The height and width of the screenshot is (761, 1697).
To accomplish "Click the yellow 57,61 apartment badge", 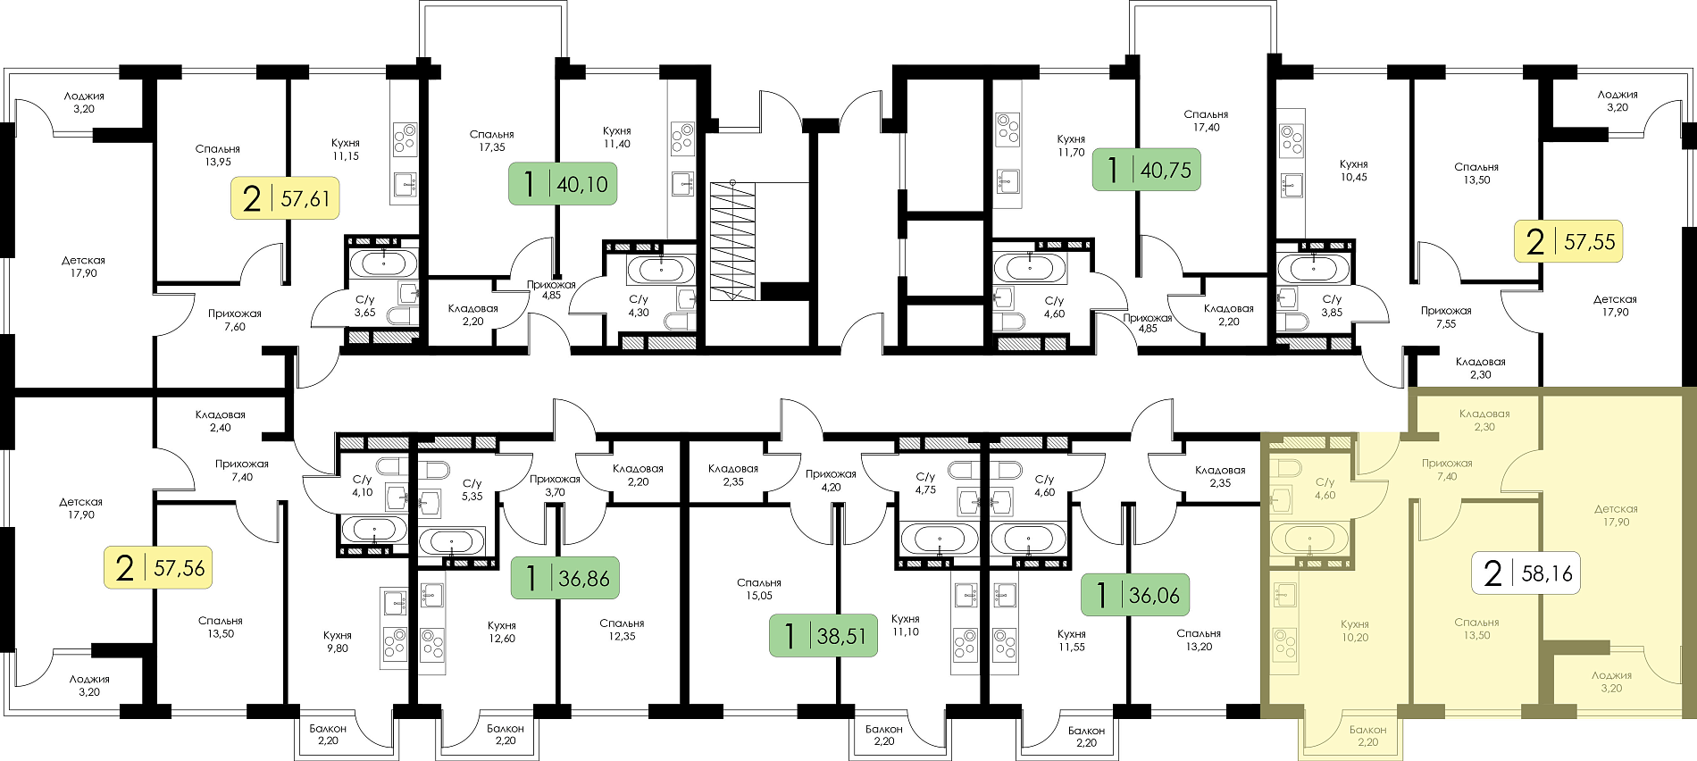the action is click(x=286, y=198).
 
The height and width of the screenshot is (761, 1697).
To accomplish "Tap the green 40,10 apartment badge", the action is click(x=563, y=184).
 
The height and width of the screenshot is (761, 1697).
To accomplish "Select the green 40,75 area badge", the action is click(x=1147, y=169).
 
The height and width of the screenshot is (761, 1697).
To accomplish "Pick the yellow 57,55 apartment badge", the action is click(x=1568, y=241).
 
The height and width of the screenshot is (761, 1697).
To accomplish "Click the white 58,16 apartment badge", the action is click(x=1526, y=573).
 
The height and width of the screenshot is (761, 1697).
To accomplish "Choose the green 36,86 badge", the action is click(x=565, y=578).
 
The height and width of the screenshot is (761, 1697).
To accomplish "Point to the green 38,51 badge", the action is click(x=823, y=636).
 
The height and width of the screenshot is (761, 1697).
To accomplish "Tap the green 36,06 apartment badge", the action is click(x=1135, y=595).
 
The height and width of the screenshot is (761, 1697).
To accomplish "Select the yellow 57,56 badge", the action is click(x=158, y=567).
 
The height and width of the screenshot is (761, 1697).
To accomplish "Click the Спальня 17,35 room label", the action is click(x=491, y=141).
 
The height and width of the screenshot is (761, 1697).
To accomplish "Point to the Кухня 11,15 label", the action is click(x=346, y=149).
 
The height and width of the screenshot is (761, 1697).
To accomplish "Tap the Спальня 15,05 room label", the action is click(x=759, y=590).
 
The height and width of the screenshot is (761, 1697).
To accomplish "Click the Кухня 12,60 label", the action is click(x=502, y=631).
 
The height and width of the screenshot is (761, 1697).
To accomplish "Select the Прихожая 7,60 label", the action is click(x=235, y=320).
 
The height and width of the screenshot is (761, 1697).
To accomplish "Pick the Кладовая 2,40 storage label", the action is click(x=221, y=421).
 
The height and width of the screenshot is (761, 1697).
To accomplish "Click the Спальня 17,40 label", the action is click(x=1206, y=121).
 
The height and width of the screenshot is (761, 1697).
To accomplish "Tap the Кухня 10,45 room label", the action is click(x=1354, y=171).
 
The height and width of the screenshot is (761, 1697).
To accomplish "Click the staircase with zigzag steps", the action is click(x=733, y=240).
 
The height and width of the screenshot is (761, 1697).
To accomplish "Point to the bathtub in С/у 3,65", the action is click(x=383, y=263).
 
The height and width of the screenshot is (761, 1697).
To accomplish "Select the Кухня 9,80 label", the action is click(x=338, y=641).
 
